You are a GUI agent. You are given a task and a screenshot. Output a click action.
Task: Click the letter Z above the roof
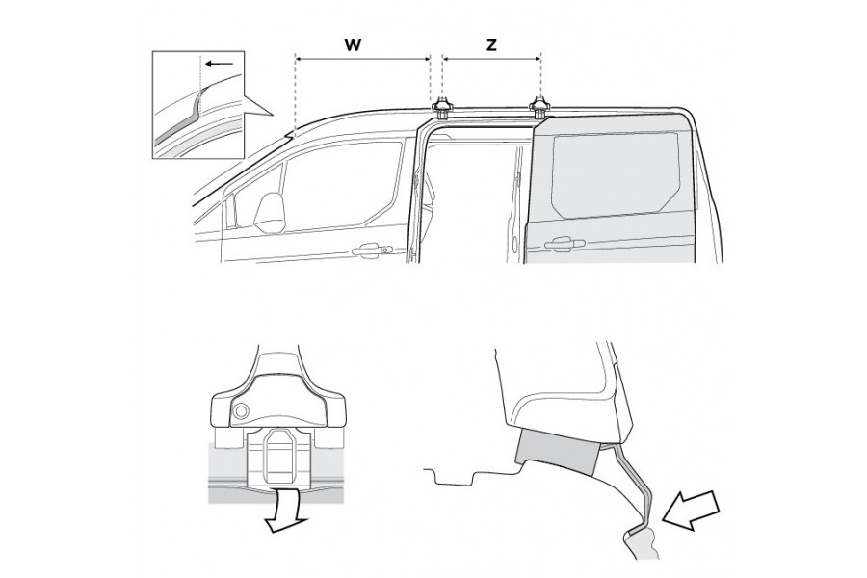click(x=491, y=44)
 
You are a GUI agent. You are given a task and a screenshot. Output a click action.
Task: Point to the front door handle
click(x=368, y=251)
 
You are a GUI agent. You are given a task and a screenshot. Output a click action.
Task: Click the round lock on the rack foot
click(x=238, y=413)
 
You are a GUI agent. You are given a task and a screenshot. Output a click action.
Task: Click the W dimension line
click(x=362, y=59)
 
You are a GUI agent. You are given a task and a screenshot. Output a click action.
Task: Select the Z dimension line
click(x=491, y=59)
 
